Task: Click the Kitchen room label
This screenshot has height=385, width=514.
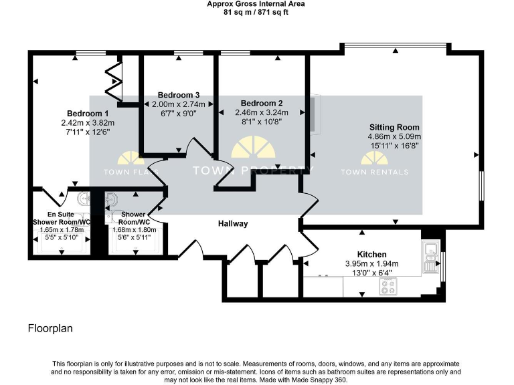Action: pyautogui.click(x=371, y=254)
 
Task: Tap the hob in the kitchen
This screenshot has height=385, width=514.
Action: pyautogui.click(x=389, y=286)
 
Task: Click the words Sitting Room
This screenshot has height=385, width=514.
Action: pyautogui.click(x=394, y=127)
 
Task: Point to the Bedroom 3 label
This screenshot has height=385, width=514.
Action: pyautogui.click(x=179, y=95)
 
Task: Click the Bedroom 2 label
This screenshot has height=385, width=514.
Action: pyautogui.click(x=262, y=103)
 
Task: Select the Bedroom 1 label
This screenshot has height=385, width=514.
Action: pyautogui.click(x=88, y=113)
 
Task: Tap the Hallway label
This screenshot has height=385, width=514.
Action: pyautogui.click(x=232, y=223)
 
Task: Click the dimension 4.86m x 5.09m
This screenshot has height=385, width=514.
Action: pyautogui.click(x=394, y=136)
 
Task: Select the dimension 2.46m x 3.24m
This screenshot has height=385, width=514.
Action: pyautogui.click(x=262, y=113)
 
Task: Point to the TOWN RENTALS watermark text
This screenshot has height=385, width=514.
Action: pyautogui.click(x=374, y=172)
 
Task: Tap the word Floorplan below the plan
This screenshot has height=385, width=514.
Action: pyautogui.click(x=50, y=328)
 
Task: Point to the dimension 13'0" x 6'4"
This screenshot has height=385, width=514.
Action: pyautogui.click(x=371, y=273)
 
